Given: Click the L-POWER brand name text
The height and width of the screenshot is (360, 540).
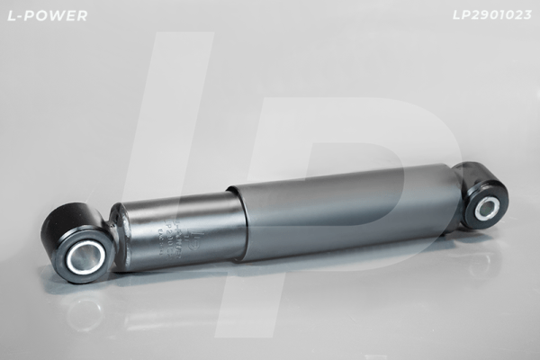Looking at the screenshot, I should pyautogui.click(x=46, y=15).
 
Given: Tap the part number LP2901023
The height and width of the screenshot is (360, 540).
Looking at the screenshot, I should pyautogui.click(x=491, y=15).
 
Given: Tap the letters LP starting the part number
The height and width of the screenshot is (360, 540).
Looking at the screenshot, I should pyautogui.click(x=459, y=15).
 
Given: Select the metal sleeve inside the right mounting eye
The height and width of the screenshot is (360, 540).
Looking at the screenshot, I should pyautogui.click(x=487, y=208).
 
